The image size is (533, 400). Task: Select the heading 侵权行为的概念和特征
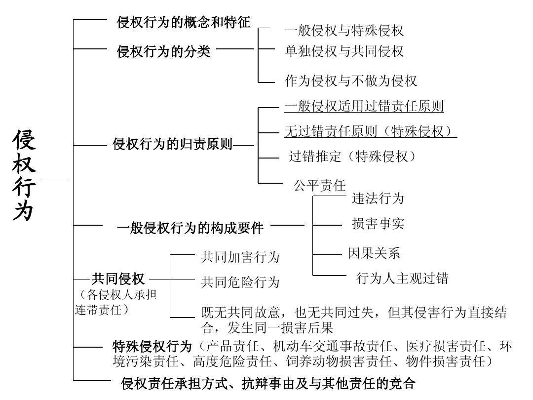(x=184, y=23)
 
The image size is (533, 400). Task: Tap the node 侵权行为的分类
(x=163, y=51)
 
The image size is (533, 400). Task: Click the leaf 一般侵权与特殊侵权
(x=344, y=31)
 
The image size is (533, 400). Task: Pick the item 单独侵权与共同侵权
(x=344, y=51)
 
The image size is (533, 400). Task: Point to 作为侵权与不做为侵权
(x=351, y=81)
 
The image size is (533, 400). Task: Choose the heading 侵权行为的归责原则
(x=172, y=145)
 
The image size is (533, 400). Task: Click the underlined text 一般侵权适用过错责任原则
(x=364, y=106)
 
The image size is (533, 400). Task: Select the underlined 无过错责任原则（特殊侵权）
(x=370, y=131)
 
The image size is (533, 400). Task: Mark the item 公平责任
(x=320, y=186)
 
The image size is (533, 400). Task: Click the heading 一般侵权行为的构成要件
(x=190, y=228)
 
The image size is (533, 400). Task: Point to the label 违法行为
(x=378, y=199)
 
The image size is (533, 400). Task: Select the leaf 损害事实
(x=378, y=224)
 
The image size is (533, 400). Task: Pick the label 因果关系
(x=374, y=253)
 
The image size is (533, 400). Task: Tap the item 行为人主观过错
(x=402, y=278)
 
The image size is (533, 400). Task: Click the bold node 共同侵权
(x=118, y=280)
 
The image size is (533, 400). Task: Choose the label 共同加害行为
(x=240, y=257)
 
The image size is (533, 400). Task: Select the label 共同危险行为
(x=240, y=282)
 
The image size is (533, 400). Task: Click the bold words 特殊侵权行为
(x=152, y=346)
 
